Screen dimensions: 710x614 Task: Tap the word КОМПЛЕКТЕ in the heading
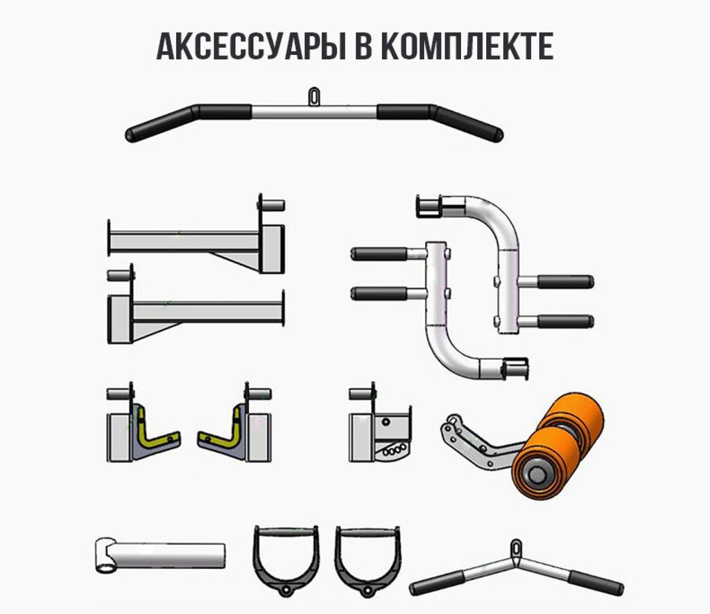pos(471,46)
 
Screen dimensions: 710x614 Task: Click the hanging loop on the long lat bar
pos(314,97)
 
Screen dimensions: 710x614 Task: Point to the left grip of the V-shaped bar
pos(438,583)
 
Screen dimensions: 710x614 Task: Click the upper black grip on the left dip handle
pos(379,254)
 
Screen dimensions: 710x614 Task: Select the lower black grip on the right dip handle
pos(566,322)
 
